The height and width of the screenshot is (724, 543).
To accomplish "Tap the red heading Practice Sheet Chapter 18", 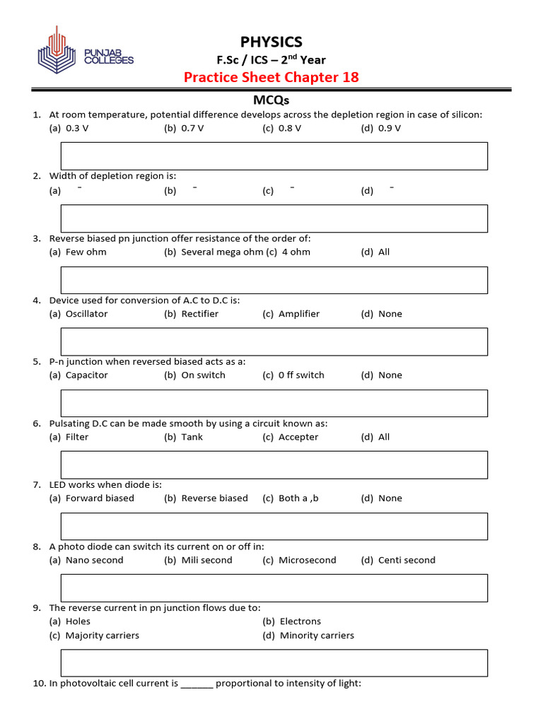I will point(271,77).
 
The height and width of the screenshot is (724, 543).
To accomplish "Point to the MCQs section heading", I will point(271,100).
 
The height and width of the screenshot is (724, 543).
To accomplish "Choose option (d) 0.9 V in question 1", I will point(381,128).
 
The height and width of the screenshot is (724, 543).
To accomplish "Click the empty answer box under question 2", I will point(274,218).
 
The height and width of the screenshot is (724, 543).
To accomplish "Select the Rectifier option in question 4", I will point(192,313).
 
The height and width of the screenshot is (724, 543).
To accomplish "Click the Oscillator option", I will point(78,313).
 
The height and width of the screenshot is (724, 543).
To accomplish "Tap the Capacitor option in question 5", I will point(78,375).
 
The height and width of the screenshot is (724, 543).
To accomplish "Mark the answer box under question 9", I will point(274,662).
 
